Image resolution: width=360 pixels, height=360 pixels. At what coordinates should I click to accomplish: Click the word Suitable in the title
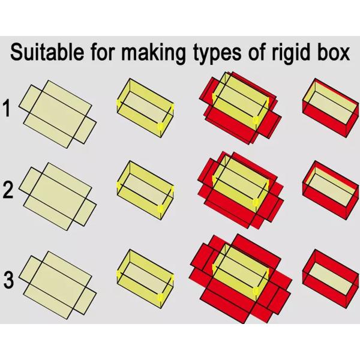tap(49, 53)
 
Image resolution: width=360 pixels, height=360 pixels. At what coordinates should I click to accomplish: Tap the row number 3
tap(8, 280)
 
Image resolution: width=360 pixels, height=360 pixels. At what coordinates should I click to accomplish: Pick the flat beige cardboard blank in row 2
tap(58, 195)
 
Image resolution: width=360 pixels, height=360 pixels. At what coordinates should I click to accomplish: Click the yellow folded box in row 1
tap(145, 108)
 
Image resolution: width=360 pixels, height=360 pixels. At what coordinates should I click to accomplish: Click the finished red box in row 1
tap(328, 109)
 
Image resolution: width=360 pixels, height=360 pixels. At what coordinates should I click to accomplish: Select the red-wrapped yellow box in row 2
tap(239, 191)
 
